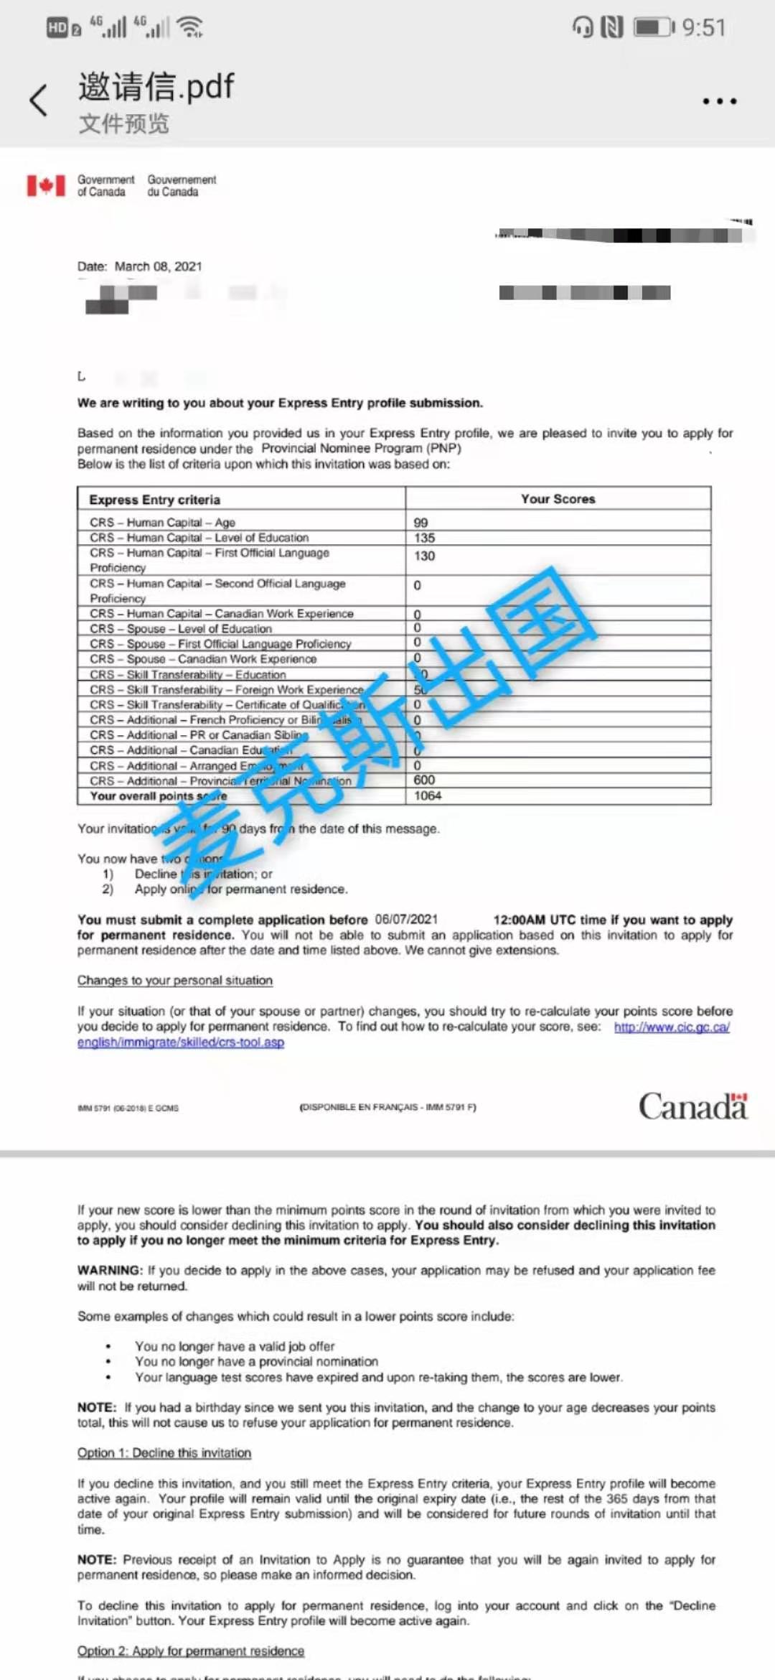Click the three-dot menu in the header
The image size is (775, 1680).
click(719, 101)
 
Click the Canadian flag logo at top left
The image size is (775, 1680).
click(46, 185)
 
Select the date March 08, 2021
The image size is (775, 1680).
click(158, 266)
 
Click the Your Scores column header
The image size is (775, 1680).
click(558, 499)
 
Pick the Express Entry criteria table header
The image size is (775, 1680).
click(154, 500)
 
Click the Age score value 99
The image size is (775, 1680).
click(421, 523)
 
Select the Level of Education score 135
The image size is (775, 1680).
click(424, 538)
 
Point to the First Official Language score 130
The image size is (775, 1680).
click(424, 556)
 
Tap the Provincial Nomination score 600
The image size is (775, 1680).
click(424, 780)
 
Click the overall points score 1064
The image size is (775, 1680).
click(428, 795)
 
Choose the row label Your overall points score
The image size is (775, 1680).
click(158, 796)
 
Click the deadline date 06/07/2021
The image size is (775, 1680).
click(406, 920)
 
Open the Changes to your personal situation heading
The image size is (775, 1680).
click(175, 981)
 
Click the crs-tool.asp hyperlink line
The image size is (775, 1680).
click(181, 1042)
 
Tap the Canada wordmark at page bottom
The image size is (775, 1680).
click(692, 1106)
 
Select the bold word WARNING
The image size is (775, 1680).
click(110, 1270)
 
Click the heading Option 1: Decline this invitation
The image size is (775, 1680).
click(164, 1453)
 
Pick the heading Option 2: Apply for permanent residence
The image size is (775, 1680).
click(191, 1651)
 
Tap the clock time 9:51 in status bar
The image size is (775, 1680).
click(703, 27)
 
